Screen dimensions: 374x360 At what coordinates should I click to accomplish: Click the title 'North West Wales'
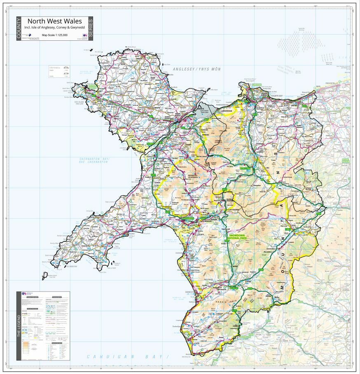tap(54, 21)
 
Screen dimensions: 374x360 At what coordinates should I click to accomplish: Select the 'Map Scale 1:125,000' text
tap(54, 35)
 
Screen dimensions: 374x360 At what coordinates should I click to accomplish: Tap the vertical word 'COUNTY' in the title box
tap(19, 29)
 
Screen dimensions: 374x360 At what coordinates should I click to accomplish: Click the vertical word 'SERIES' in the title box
tap(91, 29)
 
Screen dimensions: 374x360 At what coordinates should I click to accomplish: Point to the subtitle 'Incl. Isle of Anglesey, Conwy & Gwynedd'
tap(54, 28)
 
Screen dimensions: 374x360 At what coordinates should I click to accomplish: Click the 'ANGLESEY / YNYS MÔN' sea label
tap(197, 69)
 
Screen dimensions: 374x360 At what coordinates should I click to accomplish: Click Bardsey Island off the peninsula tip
tap(44, 276)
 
